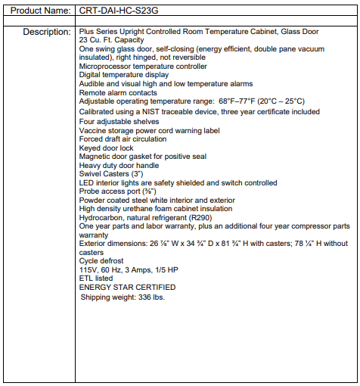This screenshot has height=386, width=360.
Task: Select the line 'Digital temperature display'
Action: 123,75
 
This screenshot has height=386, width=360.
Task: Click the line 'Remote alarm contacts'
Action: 118,93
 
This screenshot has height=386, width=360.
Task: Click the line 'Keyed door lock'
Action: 107,148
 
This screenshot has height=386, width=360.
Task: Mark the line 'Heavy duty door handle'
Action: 119,165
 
